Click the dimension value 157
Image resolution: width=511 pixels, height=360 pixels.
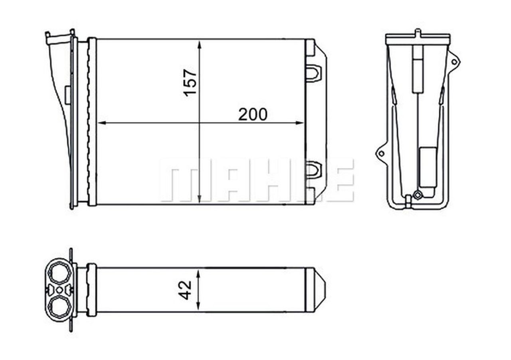tap(190, 82)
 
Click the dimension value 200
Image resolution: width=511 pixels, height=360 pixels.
tap(253, 115)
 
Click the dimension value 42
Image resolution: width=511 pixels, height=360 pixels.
tap(186, 290)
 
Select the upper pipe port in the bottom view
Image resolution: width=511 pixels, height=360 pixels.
tap(59, 273)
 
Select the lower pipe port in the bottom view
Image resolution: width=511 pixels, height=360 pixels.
tap(59, 307)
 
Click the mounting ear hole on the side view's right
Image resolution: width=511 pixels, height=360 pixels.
tap(454, 62)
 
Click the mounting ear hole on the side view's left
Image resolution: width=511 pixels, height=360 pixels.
tap(381, 153)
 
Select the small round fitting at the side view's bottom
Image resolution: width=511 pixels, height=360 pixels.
tap(418, 195)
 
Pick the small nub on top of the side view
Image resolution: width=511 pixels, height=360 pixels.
tap(418, 32)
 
